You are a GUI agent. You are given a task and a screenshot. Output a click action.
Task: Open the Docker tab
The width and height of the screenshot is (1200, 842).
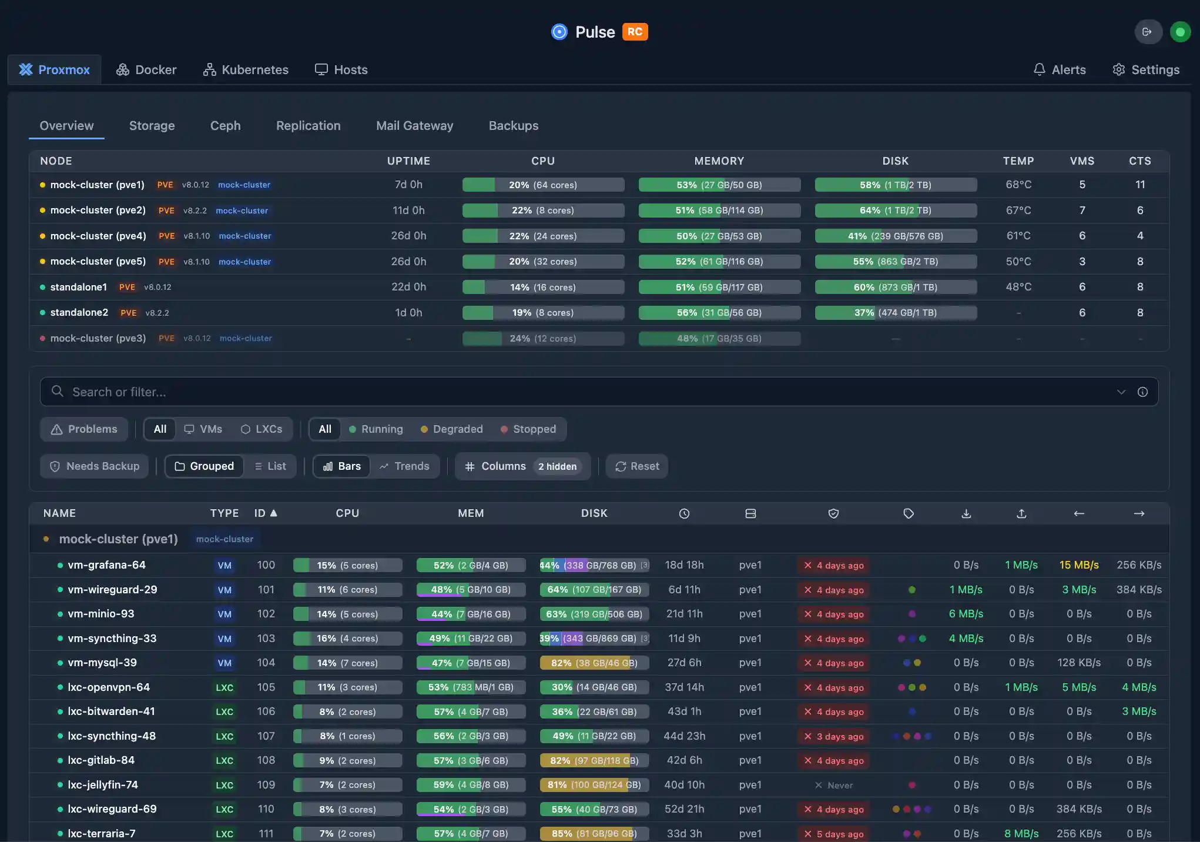pos(146,70)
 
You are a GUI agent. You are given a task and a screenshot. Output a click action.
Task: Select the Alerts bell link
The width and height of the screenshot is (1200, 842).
pos(1060,70)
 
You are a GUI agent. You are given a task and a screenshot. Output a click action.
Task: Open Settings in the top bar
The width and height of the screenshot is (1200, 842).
pos(1146,70)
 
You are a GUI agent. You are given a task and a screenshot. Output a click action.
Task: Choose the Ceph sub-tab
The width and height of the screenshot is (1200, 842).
pos(225,126)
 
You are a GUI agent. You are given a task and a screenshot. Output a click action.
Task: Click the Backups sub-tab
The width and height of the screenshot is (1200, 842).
pos(513,126)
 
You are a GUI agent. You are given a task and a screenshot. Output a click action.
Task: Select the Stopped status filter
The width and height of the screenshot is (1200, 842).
pos(528,429)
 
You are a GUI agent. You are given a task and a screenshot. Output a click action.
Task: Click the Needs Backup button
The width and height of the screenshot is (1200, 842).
pos(95,466)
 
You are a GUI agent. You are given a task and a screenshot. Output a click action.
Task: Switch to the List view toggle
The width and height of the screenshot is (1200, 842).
pos(270,466)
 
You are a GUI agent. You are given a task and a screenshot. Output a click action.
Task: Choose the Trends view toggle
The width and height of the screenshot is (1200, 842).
pos(404,466)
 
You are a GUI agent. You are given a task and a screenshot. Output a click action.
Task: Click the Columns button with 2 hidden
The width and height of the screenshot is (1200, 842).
pos(522,466)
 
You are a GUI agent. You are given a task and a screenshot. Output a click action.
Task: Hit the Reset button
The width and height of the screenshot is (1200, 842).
pos(637,466)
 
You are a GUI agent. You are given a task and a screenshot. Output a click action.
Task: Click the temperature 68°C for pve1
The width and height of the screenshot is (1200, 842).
pos(1018,185)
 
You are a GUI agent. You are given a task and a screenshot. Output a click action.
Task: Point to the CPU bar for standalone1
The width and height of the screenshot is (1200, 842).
pos(543,287)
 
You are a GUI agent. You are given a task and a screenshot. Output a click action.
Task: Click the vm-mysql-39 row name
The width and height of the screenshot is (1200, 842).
pos(102,663)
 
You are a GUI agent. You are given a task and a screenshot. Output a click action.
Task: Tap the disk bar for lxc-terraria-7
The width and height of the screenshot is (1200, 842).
pos(594,834)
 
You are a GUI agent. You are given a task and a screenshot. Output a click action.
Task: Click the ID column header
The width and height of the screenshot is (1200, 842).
pos(265,513)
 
